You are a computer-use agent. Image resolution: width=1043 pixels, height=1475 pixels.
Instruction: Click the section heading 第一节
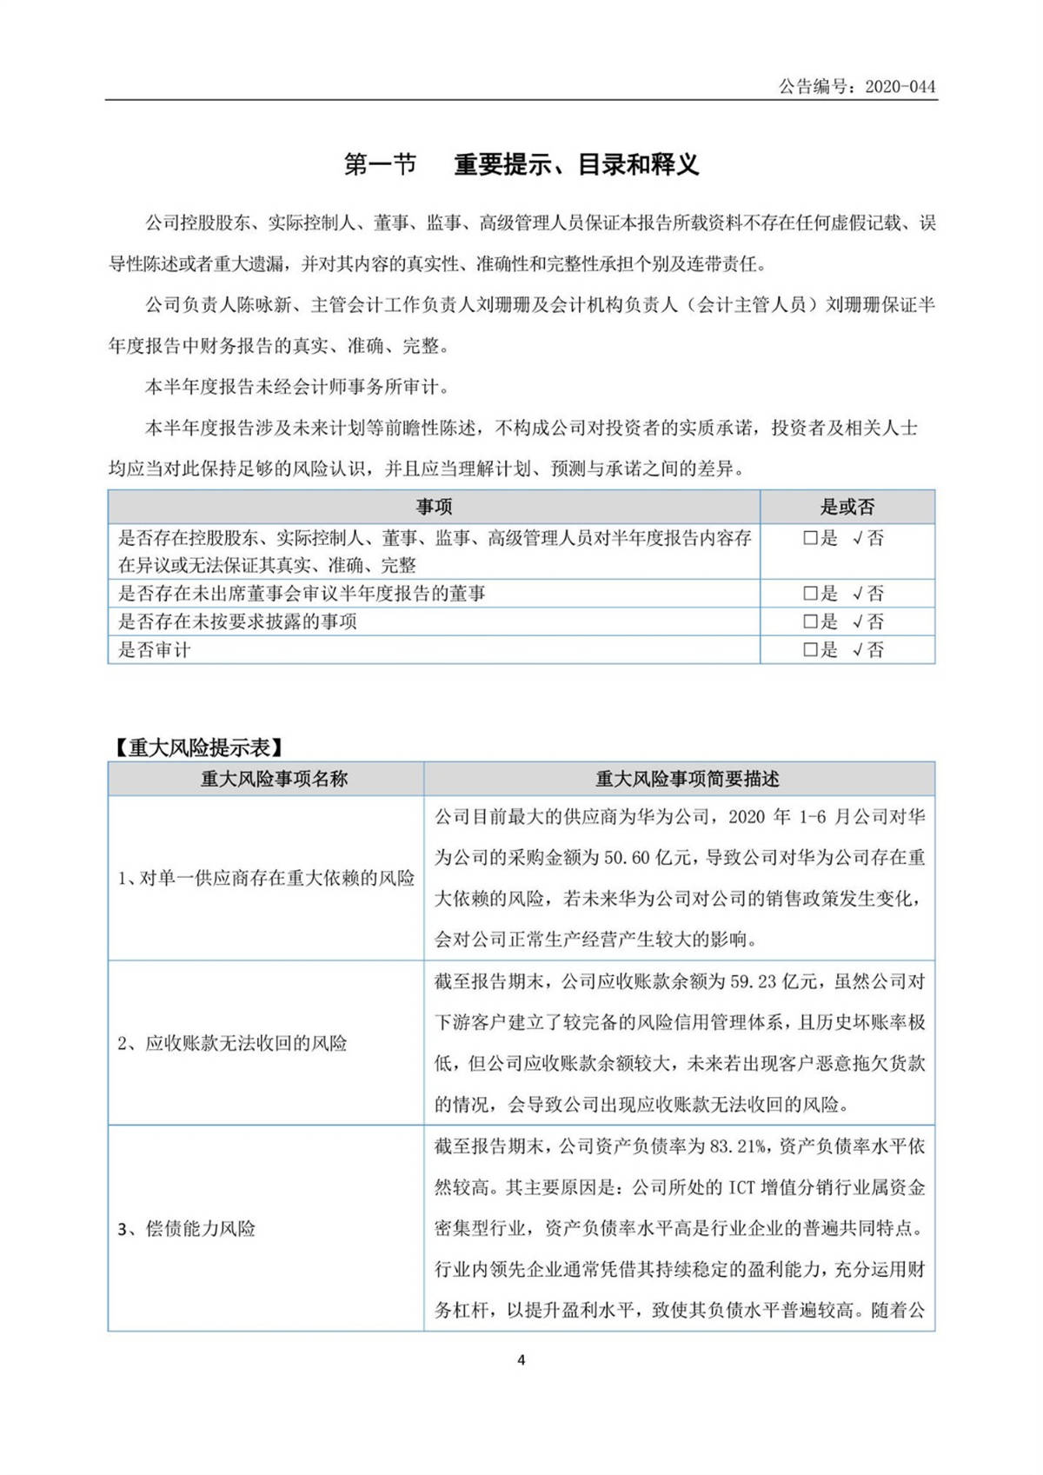click(380, 164)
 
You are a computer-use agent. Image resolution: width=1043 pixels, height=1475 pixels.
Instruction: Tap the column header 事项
click(434, 507)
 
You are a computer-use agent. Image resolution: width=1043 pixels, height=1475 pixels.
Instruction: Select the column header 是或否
click(847, 507)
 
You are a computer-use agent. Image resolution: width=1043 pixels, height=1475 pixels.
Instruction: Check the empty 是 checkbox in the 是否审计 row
click(810, 649)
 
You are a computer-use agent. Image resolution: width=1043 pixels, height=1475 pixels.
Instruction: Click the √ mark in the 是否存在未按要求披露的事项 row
click(857, 621)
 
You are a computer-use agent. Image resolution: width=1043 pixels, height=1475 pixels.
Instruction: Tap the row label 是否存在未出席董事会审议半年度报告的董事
click(302, 594)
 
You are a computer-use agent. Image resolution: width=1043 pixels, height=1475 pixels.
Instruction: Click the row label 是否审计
click(154, 649)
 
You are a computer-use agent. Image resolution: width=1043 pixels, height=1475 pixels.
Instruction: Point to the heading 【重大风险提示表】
click(196, 747)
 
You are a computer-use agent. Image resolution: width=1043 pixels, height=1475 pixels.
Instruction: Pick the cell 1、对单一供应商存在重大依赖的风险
click(266, 878)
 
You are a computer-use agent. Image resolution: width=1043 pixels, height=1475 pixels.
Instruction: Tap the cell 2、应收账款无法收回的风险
click(232, 1043)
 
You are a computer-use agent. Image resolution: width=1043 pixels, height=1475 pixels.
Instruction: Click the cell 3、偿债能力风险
click(187, 1228)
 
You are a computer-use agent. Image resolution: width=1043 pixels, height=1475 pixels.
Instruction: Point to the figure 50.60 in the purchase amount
click(627, 858)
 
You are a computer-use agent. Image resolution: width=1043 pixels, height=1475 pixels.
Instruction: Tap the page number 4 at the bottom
click(521, 1360)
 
